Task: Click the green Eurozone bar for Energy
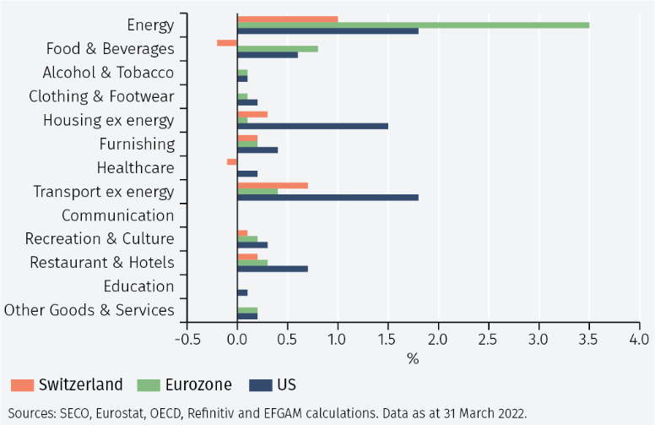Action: [x=413, y=25]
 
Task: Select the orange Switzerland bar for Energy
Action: [x=287, y=19]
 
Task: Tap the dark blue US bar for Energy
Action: [x=327, y=31]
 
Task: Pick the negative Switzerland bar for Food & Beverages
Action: [x=227, y=42]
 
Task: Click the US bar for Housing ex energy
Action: [x=312, y=126]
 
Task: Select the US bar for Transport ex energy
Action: [x=327, y=198]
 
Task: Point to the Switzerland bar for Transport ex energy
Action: [x=272, y=185]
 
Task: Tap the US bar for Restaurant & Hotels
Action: [x=272, y=269]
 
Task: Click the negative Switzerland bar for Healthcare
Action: [x=231, y=161]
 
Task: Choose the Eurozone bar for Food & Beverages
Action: [x=277, y=48]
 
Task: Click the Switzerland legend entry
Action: [x=67, y=385]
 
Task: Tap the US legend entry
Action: [x=274, y=385]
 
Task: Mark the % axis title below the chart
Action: [x=413, y=358]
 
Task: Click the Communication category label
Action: [x=117, y=215]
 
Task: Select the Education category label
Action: [x=138, y=286]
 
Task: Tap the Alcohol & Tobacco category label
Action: [x=108, y=73]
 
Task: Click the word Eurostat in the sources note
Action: [x=130, y=413]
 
